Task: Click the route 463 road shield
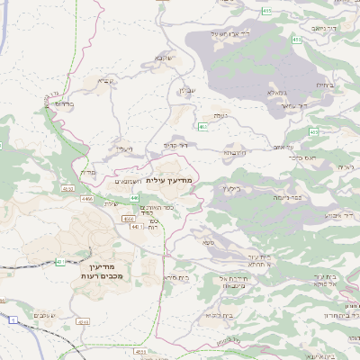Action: coord(203,127)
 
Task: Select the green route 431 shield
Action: coord(59,262)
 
